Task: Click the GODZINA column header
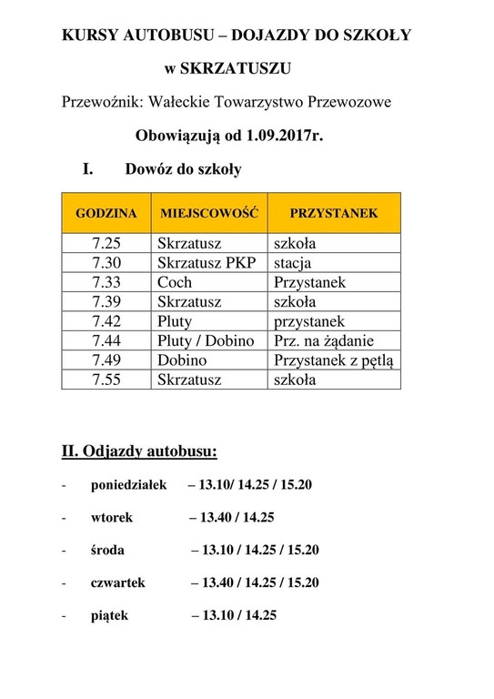point(106,213)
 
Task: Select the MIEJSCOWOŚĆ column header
point(209,213)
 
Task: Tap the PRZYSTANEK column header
point(333,213)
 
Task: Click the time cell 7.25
point(106,244)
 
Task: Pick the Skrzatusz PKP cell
point(207,263)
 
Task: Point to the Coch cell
point(175,282)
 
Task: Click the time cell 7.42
point(106,321)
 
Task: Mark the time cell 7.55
point(106,380)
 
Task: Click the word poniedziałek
point(129,484)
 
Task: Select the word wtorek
point(112,517)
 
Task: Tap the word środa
point(108,550)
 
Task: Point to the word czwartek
point(117,582)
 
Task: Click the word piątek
point(109,615)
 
